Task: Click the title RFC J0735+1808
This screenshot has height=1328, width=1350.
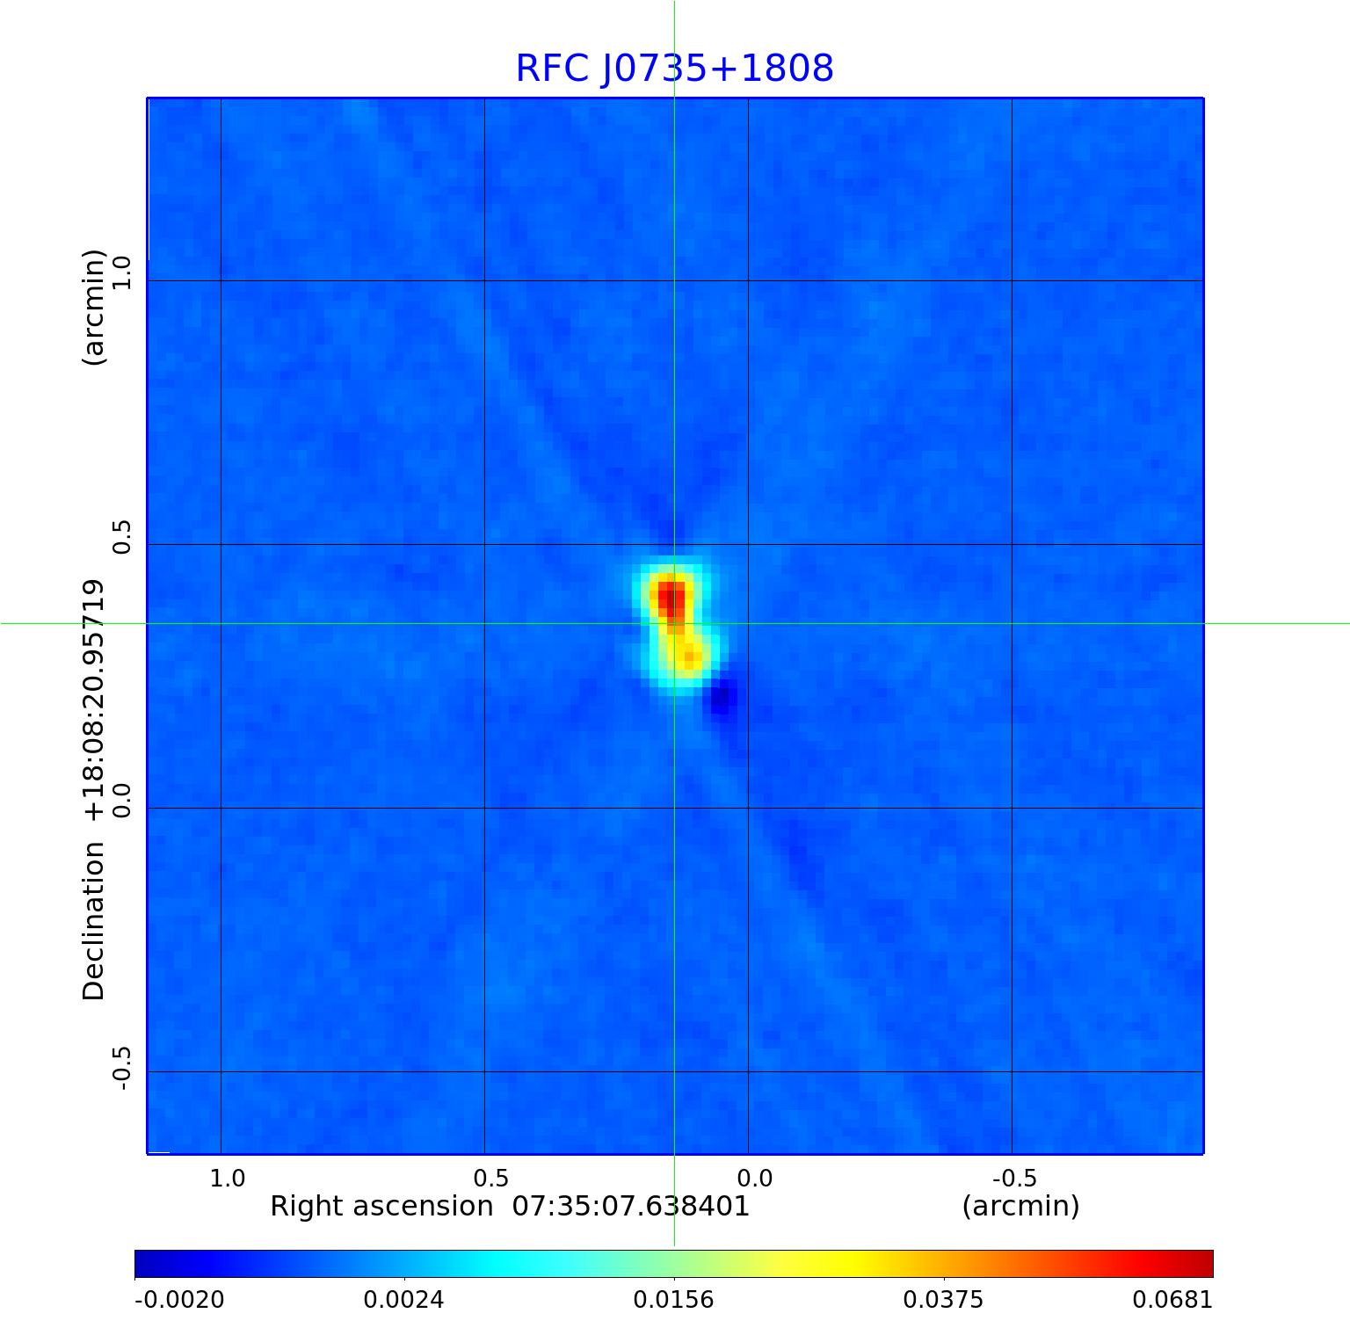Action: click(x=674, y=69)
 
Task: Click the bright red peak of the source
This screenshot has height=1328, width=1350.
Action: click(x=671, y=597)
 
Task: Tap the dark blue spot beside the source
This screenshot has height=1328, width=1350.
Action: click(x=722, y=700)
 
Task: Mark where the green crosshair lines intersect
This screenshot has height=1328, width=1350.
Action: click(x=674, y=623)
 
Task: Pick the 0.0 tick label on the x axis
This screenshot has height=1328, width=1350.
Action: click(x=753, y=1178)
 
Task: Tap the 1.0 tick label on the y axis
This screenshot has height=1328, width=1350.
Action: click(x=120, y=272)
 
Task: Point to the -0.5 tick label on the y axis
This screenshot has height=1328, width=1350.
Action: click(x=120, y=1069)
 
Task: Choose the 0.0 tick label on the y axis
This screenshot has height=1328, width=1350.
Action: click(x=120, y=800)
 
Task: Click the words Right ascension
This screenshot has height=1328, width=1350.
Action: click(x=381, y=1206)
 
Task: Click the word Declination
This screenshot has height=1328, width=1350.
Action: click(x=93, y=920)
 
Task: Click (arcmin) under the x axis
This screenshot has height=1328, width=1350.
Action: click(x=1020, y=1206)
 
